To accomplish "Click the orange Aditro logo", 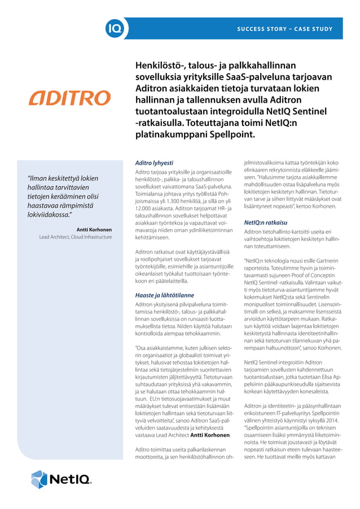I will (70, 98).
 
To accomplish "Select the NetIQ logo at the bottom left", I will (61, 479).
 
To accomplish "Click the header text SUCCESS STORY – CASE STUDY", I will (284, 28).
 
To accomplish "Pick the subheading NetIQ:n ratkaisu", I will (265, 222).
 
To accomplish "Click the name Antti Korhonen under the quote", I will (94, 230).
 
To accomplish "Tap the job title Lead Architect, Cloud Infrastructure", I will (75, 238).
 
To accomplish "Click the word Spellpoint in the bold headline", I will (231, 135).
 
